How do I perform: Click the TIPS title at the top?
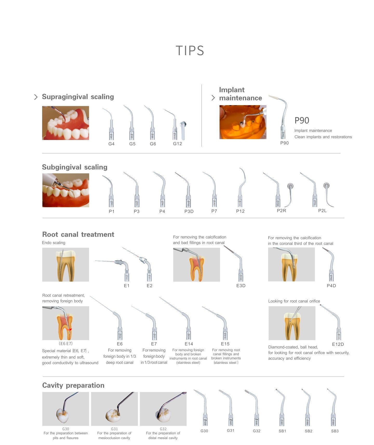(x=190, y=50)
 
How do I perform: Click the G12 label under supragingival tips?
(x=177, y=144)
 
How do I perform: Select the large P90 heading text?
(x=302, y=120)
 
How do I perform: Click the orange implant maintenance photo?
(x=243, y=122)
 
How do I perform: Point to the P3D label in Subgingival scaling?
(x=189, y=211)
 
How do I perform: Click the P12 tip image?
(x=241, y=188)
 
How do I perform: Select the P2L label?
(x=322, y=211)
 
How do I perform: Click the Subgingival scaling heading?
(x=75, y=167)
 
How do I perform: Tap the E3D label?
(x=241, y=285)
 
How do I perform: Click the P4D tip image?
(x=330, y=264)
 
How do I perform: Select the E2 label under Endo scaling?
(x=149, y=286)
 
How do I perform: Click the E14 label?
(x=189, y=344)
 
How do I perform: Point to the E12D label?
(x=338, y=344)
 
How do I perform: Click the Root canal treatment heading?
(x=78, y=234)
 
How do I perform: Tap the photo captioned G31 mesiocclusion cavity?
(x=114, y=409)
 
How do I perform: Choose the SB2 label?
(x=308, y=431)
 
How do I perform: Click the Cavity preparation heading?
(x=73, y=385)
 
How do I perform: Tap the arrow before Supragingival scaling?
(x=36, y=97)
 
